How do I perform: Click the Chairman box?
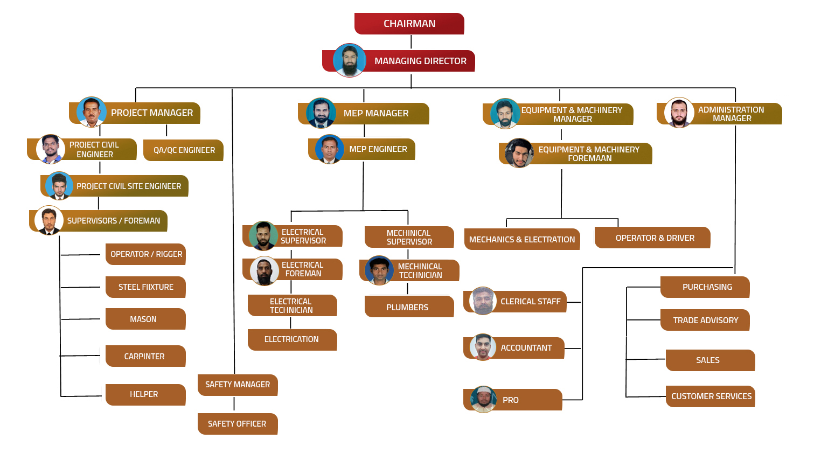[x=409, y=24]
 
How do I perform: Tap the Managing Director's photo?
[x=350, y=60]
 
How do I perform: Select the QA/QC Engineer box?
[x=184, y=150]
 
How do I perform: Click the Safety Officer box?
[x=237, y=424]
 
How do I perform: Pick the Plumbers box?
[x=409, y=307]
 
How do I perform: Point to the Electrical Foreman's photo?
[x=265, y=271]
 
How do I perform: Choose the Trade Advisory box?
[x=705, y=320]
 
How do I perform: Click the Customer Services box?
[x=711, y=396]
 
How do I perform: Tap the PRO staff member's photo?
[x=484, y=399]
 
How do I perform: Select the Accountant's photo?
[x=483, y=347]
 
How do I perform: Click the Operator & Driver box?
[x=653, y=238]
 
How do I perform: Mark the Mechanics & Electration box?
[x=521, y=239]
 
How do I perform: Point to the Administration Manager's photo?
[x=679, y=113]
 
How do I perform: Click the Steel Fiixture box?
[x=145, y=287]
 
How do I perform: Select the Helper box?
[x=145, y=394]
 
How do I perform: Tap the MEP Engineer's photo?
[x=330, y=149]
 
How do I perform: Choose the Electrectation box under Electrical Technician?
[x=292, y=339]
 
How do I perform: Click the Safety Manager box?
[x=238, y=385]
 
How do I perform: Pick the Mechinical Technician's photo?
[x=379, y=270]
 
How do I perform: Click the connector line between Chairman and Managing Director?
[x=411, y=42]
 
